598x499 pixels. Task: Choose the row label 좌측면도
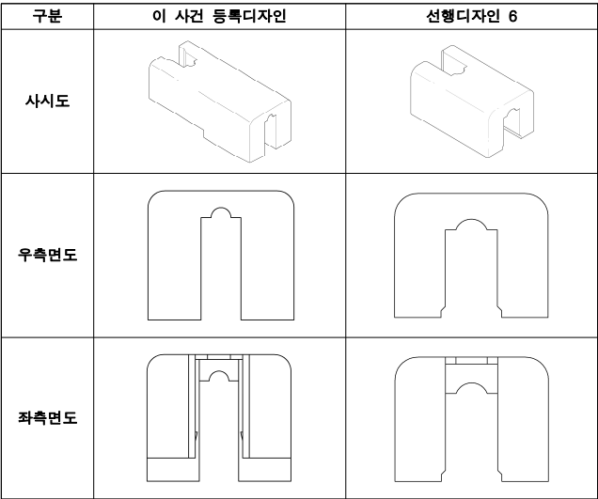point(46,416)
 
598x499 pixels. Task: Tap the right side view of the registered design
point(223,256)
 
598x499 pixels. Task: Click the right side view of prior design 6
point(470,256)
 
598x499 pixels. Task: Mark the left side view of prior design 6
point(470,418)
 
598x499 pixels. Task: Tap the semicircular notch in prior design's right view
point(470,229)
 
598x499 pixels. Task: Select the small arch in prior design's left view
point(470,386)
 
